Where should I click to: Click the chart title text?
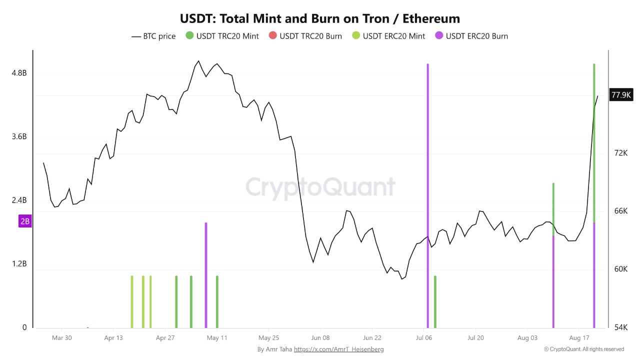pos(319,19)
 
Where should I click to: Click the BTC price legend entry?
pos(153,36)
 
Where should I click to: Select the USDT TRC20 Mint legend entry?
pos(222,36)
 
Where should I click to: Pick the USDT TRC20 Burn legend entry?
pos(305,36)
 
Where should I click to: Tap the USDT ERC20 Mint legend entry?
pos(388,36)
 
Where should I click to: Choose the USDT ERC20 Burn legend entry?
pos(471,36)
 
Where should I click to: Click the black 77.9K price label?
pos(621,95)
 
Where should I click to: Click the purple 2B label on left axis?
pos(25,221)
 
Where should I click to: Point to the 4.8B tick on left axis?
pos(19,73)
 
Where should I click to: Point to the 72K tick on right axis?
pos(621,153)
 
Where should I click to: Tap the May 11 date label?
pos(217,338)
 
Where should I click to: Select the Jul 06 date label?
pos(423,338)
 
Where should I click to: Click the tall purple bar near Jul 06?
pos(427,196)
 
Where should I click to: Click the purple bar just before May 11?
pos(206,275)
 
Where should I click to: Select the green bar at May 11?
pos(217,302)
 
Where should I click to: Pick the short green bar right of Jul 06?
pos(435,302)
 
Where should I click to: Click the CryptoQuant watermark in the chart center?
pos(320,187)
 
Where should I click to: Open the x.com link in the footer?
pos(338,349)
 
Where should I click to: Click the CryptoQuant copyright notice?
pos(584,349)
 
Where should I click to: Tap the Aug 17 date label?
pos(579,338)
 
